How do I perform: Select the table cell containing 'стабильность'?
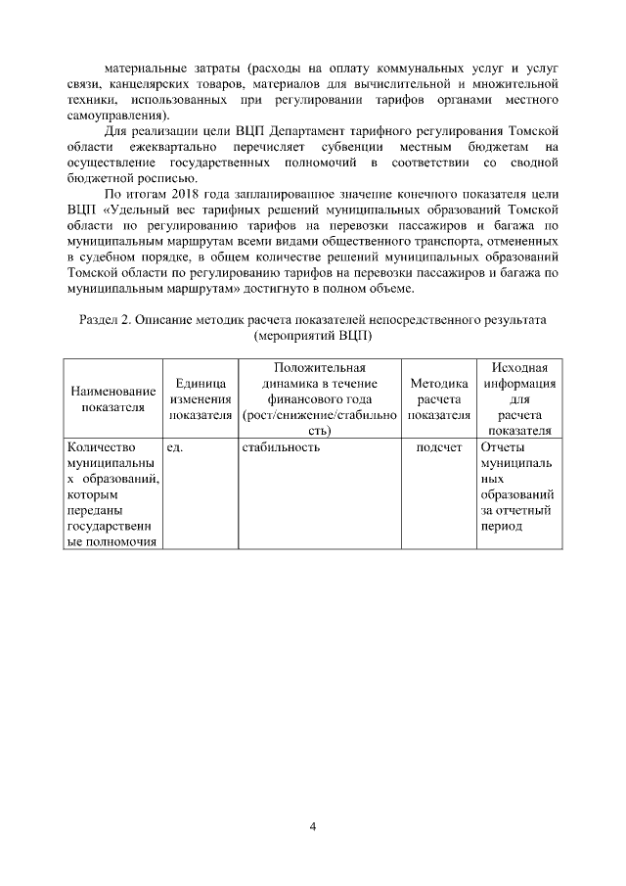(x=280, y=448)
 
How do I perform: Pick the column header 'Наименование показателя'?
(x=112, y=398)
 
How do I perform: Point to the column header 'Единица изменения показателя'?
(x=200, y=398)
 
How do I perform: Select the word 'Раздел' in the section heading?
(x=98, y=319)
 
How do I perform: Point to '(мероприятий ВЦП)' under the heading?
(x=312, y=335)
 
